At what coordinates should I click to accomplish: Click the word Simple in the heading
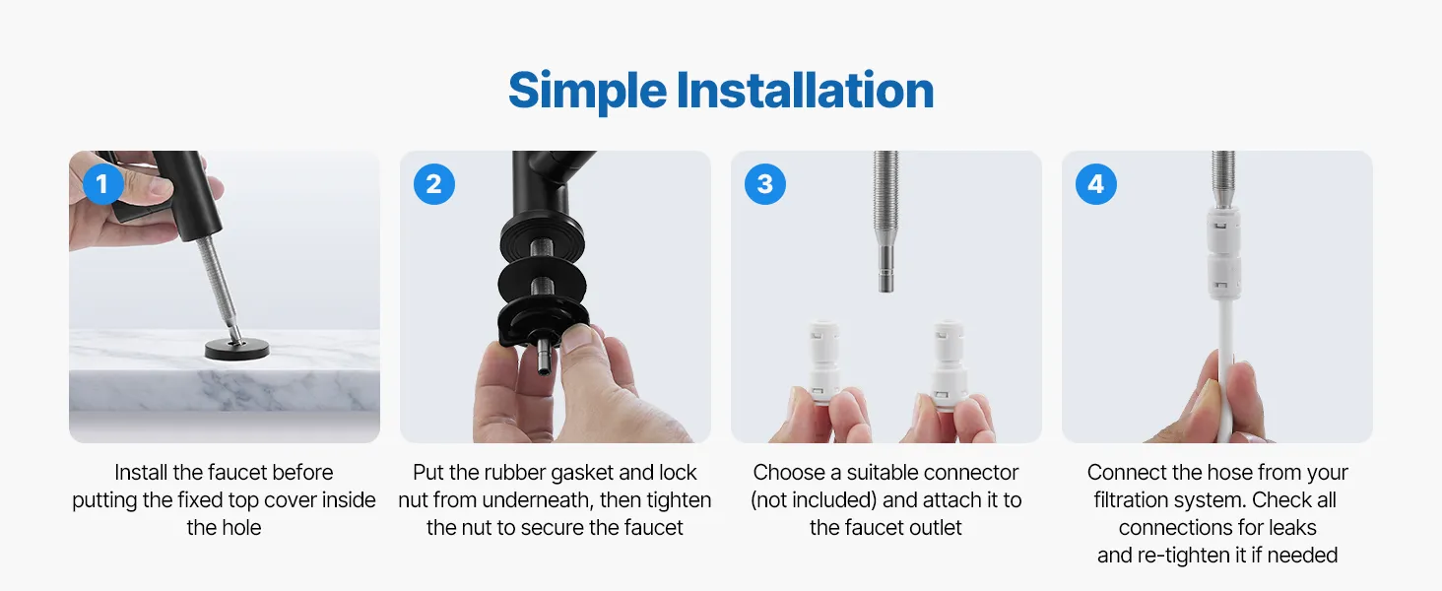(587, 92)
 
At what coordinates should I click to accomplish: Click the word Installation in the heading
(805, 91)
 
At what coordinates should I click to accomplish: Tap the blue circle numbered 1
(102, 184)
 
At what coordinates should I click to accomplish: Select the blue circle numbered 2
(434, 184)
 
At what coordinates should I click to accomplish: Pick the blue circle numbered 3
(764, 184)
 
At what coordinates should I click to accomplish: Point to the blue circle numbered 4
(1095, 184)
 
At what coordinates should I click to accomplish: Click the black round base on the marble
(237, 350)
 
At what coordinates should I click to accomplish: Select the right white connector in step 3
(949, 363)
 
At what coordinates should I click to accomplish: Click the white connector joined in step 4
(1222, 253)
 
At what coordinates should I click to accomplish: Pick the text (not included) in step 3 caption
(814, 500)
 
